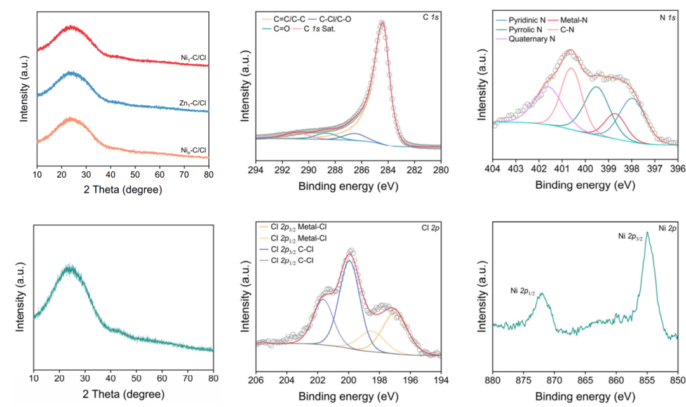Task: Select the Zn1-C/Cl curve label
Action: pyautogui.click(x=193, y=103)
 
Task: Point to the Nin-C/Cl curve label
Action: pyautogui.click(x=194, y=150)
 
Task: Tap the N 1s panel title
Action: pyautogui.click(x=666, y=20)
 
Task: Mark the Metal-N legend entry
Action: pyautogui.click(x=574, y=20)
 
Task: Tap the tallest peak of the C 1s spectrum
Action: pyautogui.click(x=382, y=23)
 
